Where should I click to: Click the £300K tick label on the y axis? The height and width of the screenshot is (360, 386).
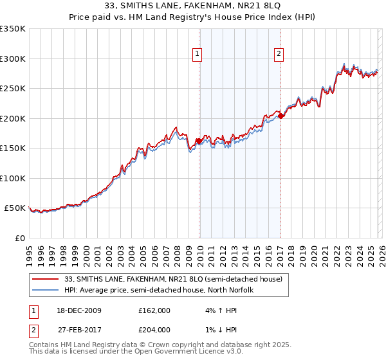click(x=13, y=59)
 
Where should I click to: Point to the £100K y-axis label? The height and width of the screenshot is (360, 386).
click(x=13, y=178)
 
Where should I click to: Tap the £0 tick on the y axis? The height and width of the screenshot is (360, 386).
click(x=20, y=238)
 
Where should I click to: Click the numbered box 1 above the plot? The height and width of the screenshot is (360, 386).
click(x=196, y=55)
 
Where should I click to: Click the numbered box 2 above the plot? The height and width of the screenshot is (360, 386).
click(x=279, y=55)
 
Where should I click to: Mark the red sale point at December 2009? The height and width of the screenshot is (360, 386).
click(x=199, y=141)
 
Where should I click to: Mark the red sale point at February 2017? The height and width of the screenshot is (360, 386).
click(x=280, y=116)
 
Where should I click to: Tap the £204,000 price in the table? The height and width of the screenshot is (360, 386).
click(x=154, y=329)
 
